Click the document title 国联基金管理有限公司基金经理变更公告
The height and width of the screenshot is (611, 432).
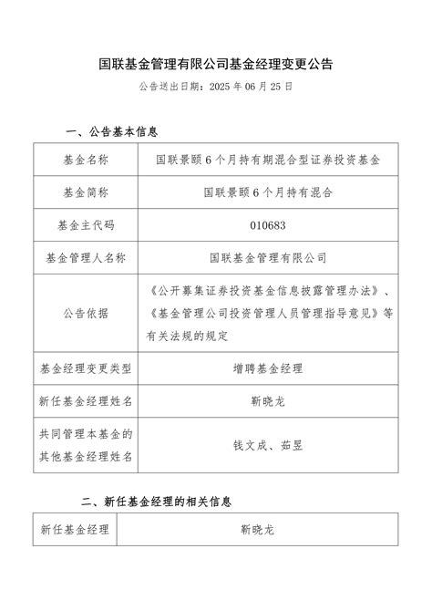pyautogui.click(x=216, y=65)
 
